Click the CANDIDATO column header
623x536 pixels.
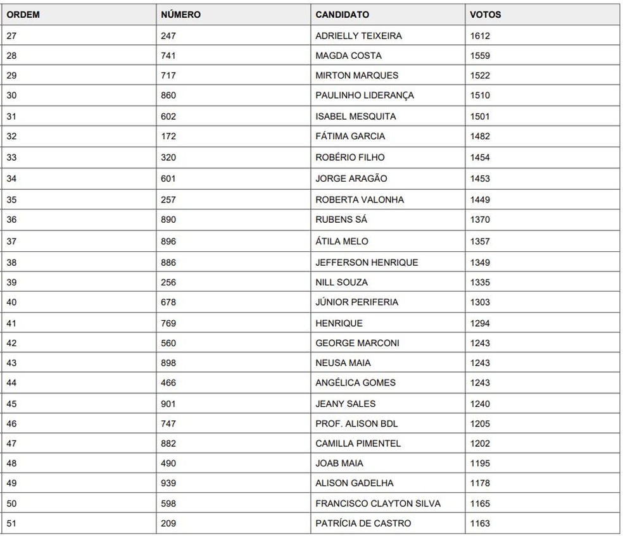(x=342, y=15)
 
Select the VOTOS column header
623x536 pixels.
(x=485, y=15)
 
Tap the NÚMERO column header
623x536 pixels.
(x=180, y=15)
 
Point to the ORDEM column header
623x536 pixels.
(x=23, y=15)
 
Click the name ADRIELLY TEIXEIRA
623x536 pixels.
(x=358, y=35)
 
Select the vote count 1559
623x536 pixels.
(x=480, y=56)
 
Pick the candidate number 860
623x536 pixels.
(x=168, y=96)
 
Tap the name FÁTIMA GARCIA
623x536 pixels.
(x=350, y=136)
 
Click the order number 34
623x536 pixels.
(x=11, y=178)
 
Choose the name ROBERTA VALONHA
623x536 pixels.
(x=359, y=199)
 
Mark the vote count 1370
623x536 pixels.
(x=480, y=220)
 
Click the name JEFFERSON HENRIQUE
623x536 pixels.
(x=367, y=262)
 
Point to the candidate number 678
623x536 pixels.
(x=168, y=302)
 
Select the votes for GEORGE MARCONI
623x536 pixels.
(x=480, y=343)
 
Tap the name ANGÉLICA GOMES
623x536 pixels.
(x=355, y=382)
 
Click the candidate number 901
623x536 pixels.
(x=168, y=404)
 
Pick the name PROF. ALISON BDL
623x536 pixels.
(x=356, y=423)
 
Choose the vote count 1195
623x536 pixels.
(x=480, y=463)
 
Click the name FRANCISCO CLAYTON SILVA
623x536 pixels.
(x=378, y=504)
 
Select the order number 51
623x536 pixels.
(x=11, y=523)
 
